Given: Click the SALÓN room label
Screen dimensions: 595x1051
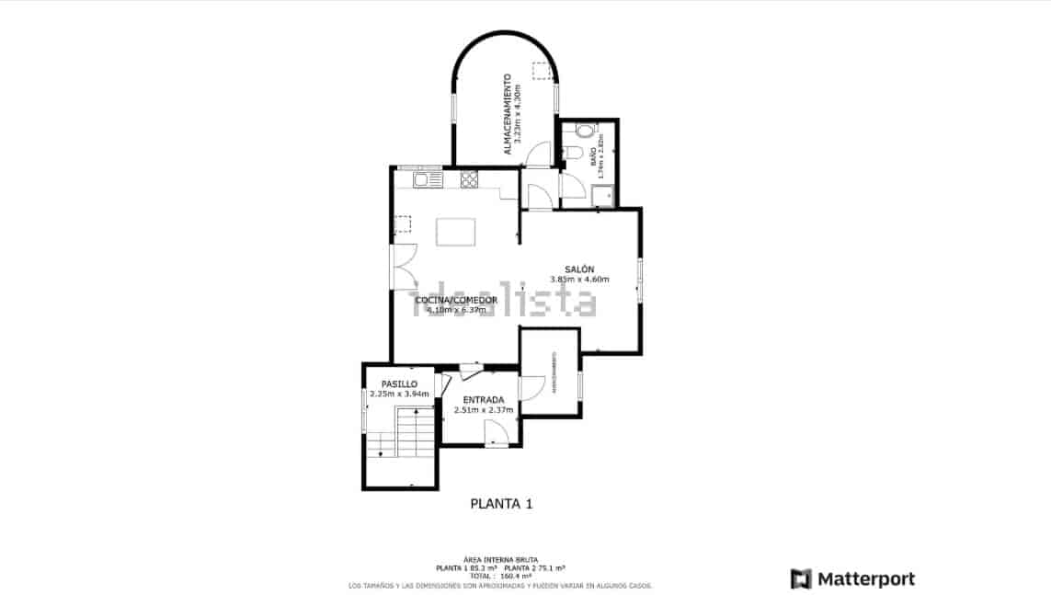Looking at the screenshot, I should point(579,269).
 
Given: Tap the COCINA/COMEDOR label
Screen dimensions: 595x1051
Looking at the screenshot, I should point(456,300).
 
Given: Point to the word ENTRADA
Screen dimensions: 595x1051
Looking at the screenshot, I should point(483,399).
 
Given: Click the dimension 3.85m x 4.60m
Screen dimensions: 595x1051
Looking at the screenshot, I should point(579,279).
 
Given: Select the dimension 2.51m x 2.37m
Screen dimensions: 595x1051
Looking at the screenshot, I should point(483,409).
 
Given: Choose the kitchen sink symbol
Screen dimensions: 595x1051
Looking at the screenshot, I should point(428,179).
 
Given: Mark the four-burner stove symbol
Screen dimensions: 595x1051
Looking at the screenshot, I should point(469,179).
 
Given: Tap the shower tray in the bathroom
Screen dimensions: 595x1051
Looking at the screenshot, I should point(603,195).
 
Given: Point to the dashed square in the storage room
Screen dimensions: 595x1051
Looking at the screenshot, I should point(542,70).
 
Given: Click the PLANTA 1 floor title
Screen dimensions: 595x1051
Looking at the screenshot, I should point(501,504).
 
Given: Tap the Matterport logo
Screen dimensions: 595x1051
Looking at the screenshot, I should point(852,578).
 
